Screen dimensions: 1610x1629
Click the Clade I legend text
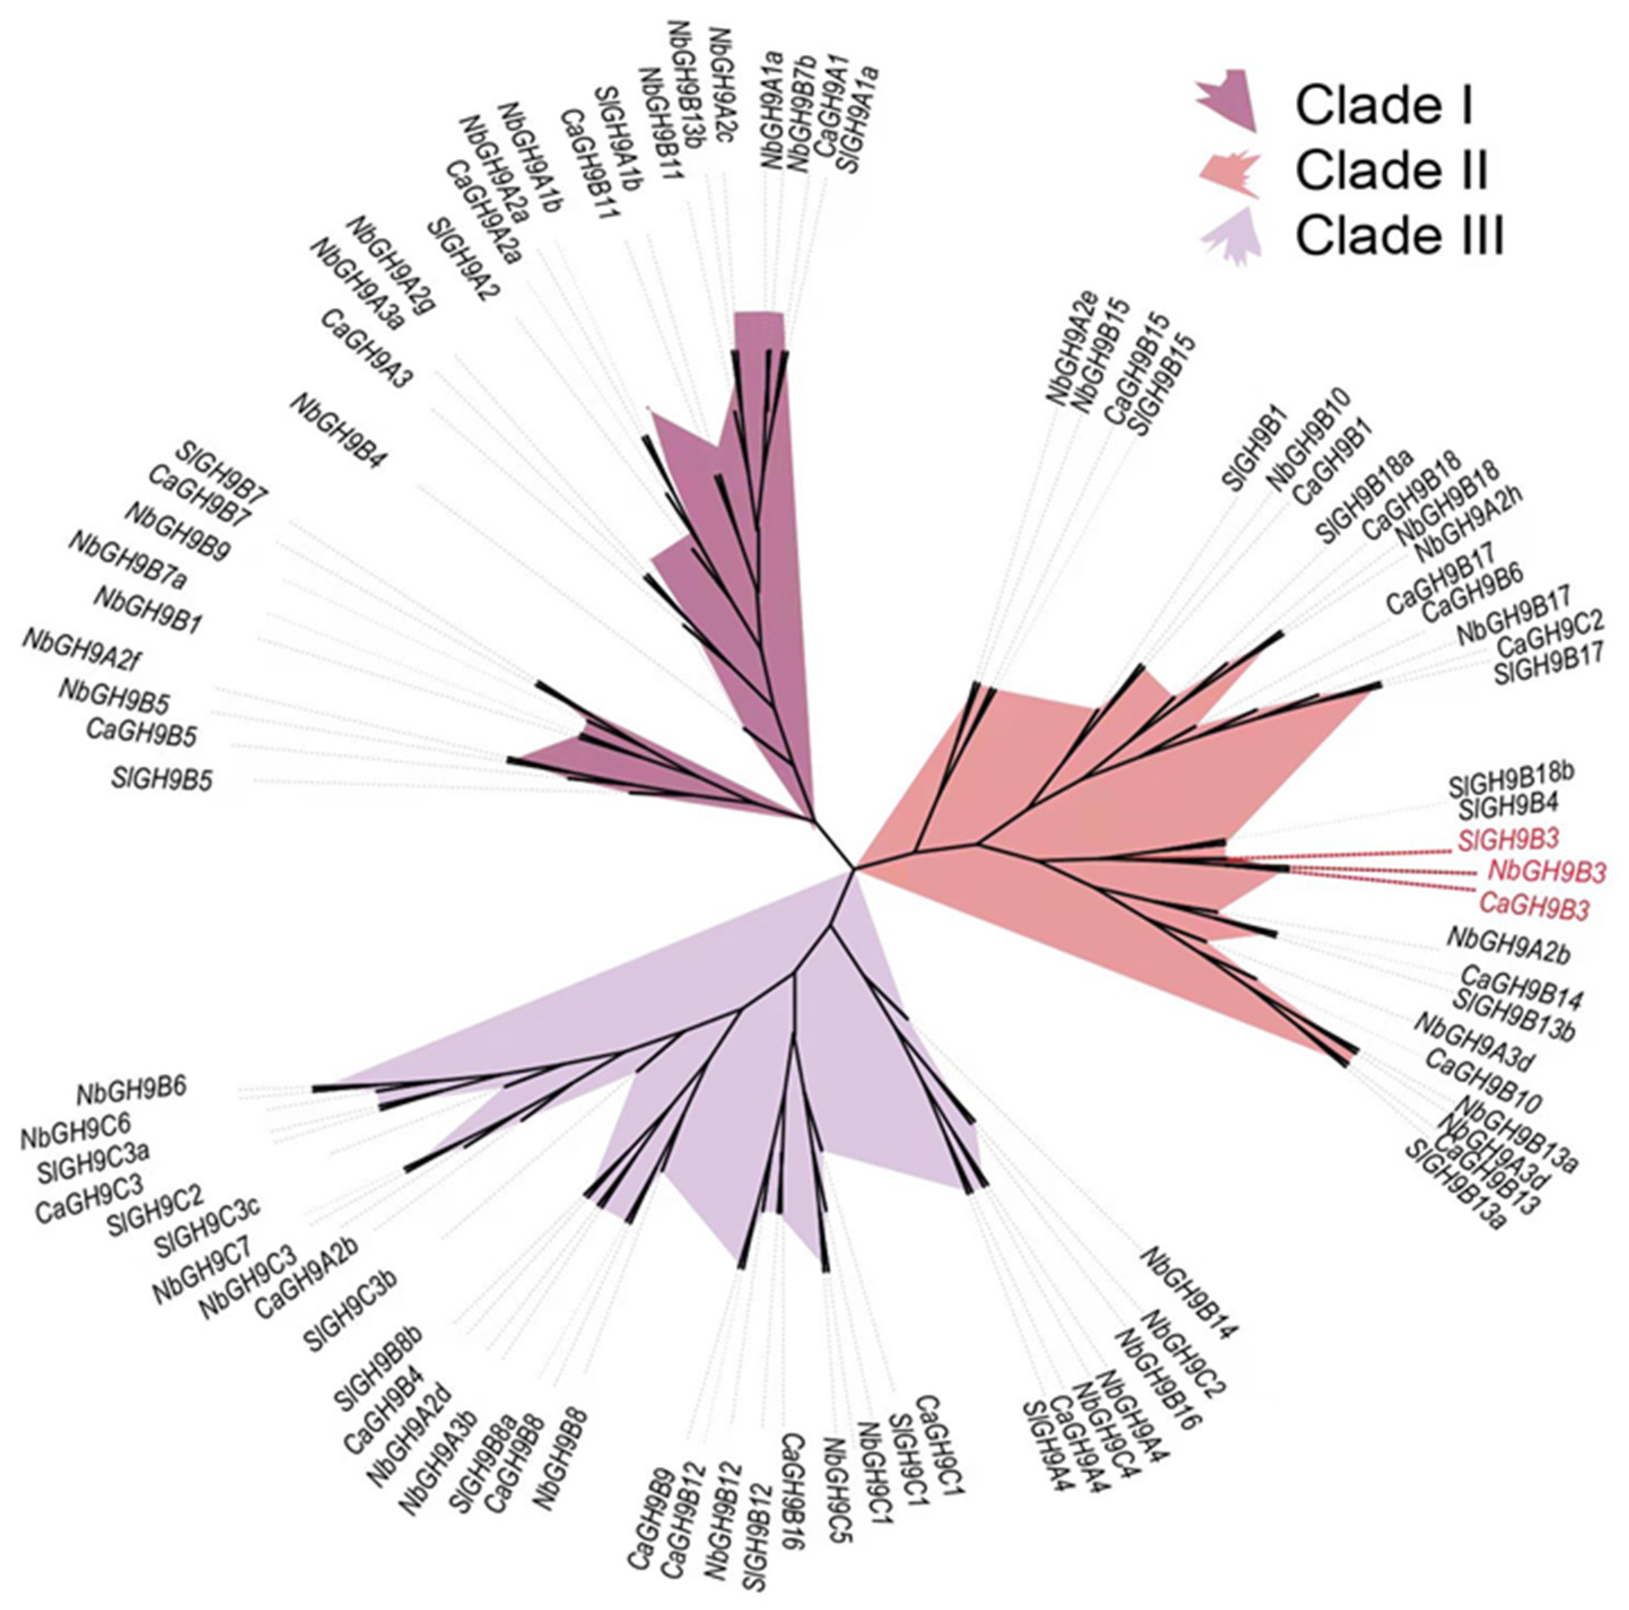pyautogui.click(x=1384, y=106)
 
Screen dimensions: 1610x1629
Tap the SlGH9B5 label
pyautogui.click(x=162, y=777)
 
